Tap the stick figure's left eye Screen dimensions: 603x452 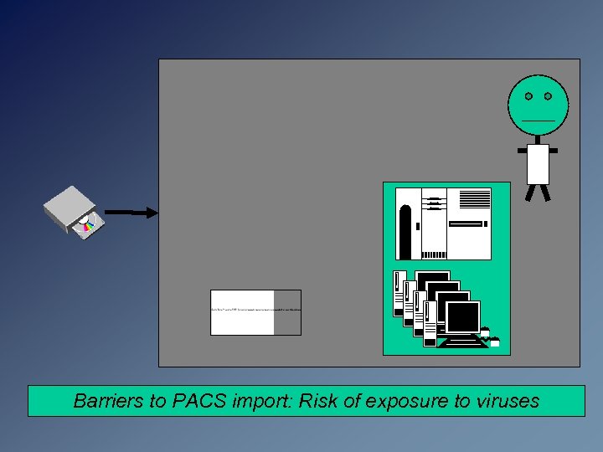[x=528, y=96]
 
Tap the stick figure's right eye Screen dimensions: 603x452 [x=548, y=96]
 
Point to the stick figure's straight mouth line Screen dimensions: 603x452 [x=538, y=121]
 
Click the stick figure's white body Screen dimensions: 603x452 [x=538, y=164]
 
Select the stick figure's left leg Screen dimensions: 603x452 [x=529, y=193]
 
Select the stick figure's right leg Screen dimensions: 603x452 [x=546, y=193]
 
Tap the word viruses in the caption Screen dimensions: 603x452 [x=508, y=401]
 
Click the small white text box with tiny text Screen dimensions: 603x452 [x=243, y=312]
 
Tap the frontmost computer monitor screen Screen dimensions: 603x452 [x=461, y=317]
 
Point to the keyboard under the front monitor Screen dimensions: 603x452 [x=461, y=342]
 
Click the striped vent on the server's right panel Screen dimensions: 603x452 [x=475, y=198]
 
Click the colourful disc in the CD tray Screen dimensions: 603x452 [x=86, y=223]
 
